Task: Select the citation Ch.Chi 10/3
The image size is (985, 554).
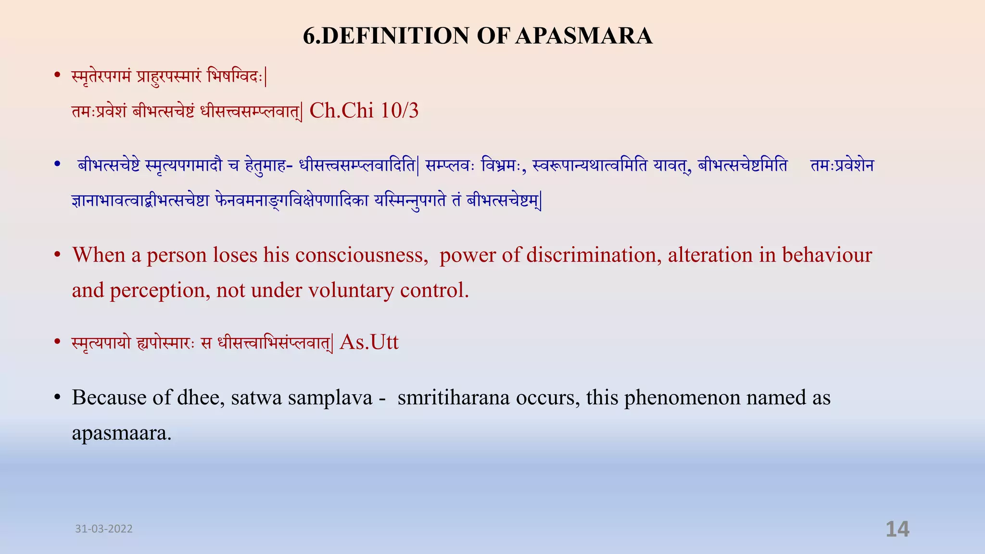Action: coord(364,111)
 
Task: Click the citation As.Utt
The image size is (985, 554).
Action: coord(369,342)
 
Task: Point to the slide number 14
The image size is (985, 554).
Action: coord(897,529)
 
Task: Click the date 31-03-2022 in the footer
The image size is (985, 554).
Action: coord(104,529)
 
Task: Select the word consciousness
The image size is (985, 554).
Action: coord(361,255)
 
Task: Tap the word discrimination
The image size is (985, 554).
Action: coord(591,255)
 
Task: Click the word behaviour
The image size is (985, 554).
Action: coord(827,255)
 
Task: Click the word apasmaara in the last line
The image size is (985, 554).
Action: coord(121,433)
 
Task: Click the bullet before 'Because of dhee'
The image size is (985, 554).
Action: coord(57,398)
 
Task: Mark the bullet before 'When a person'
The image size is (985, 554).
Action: coord(57,255)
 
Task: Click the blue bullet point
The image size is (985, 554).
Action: coord(57,165)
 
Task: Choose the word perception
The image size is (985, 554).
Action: coord(160,290)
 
